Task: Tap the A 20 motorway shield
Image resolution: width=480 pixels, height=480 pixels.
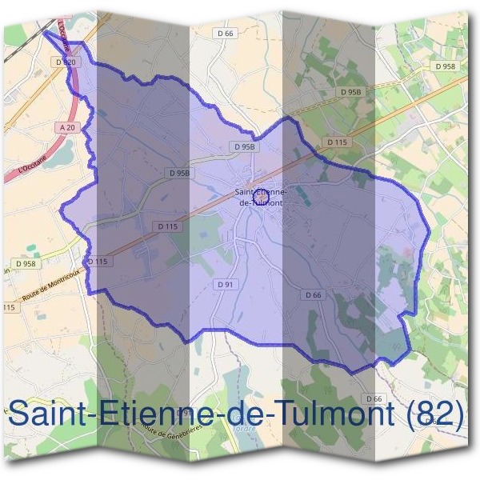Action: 66,127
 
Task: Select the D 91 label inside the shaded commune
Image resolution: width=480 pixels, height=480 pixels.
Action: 224,285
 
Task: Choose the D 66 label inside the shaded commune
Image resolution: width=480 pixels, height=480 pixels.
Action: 313,295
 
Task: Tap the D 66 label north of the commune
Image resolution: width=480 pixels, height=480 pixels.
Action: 225,33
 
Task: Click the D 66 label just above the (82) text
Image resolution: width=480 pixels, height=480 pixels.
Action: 373,398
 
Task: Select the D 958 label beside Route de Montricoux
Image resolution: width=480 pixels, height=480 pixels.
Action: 26,262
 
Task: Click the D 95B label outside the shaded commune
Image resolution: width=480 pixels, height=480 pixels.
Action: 351,93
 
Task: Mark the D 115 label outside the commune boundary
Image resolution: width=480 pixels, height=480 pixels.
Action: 337,142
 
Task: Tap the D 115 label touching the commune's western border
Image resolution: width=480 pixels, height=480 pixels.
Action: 96,261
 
